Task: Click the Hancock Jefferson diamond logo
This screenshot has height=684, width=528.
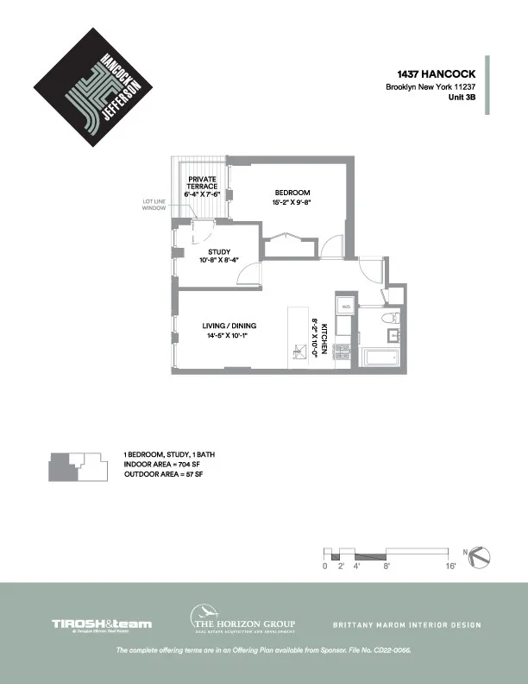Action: (x=93, y=86)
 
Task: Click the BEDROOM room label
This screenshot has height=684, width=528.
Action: (x=292, y=193)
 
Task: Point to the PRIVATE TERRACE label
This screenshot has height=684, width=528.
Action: (x=203, y=183)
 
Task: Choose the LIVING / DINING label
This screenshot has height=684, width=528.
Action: (x=229, y=326)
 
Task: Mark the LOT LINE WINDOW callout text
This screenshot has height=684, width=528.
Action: (x=155, y=206)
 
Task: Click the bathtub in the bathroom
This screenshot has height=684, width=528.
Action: (x=380, y=358)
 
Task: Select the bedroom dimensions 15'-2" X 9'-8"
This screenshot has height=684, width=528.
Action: (x=292, y=202)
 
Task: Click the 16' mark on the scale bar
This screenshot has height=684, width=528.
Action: (x=449, y=566)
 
